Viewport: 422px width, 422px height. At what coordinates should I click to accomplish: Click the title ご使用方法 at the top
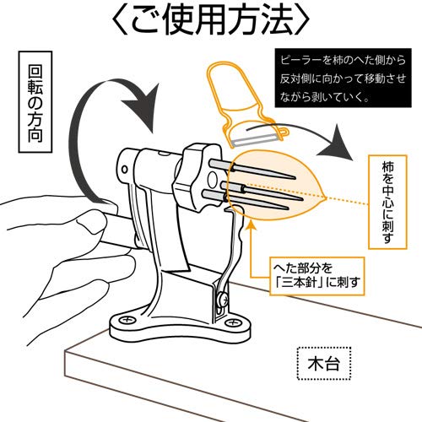pos(210,20)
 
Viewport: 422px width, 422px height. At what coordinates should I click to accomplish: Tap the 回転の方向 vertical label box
pos(35,102)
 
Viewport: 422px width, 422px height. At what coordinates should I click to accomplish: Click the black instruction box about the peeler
pos(343,78)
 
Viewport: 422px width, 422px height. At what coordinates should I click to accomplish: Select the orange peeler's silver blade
pos(256,140)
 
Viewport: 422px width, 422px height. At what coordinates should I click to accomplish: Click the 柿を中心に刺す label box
pos(387,202)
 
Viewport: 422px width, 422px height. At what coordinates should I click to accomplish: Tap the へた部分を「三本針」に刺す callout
pos(317,276)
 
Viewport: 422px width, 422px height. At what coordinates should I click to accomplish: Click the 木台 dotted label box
pos(324,364)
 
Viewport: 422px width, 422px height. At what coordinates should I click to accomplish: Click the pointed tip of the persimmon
pos(325,197)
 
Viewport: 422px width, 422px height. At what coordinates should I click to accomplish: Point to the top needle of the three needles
pos(252,170)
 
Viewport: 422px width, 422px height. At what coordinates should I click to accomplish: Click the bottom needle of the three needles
pos(246,200)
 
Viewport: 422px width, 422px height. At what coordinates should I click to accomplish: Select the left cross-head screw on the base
pos(126,320)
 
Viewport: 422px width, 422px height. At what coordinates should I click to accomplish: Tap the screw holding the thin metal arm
pos(222,299)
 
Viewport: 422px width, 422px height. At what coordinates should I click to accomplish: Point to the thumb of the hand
pos(91,221)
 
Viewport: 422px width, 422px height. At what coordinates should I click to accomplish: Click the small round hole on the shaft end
pos(124,170)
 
